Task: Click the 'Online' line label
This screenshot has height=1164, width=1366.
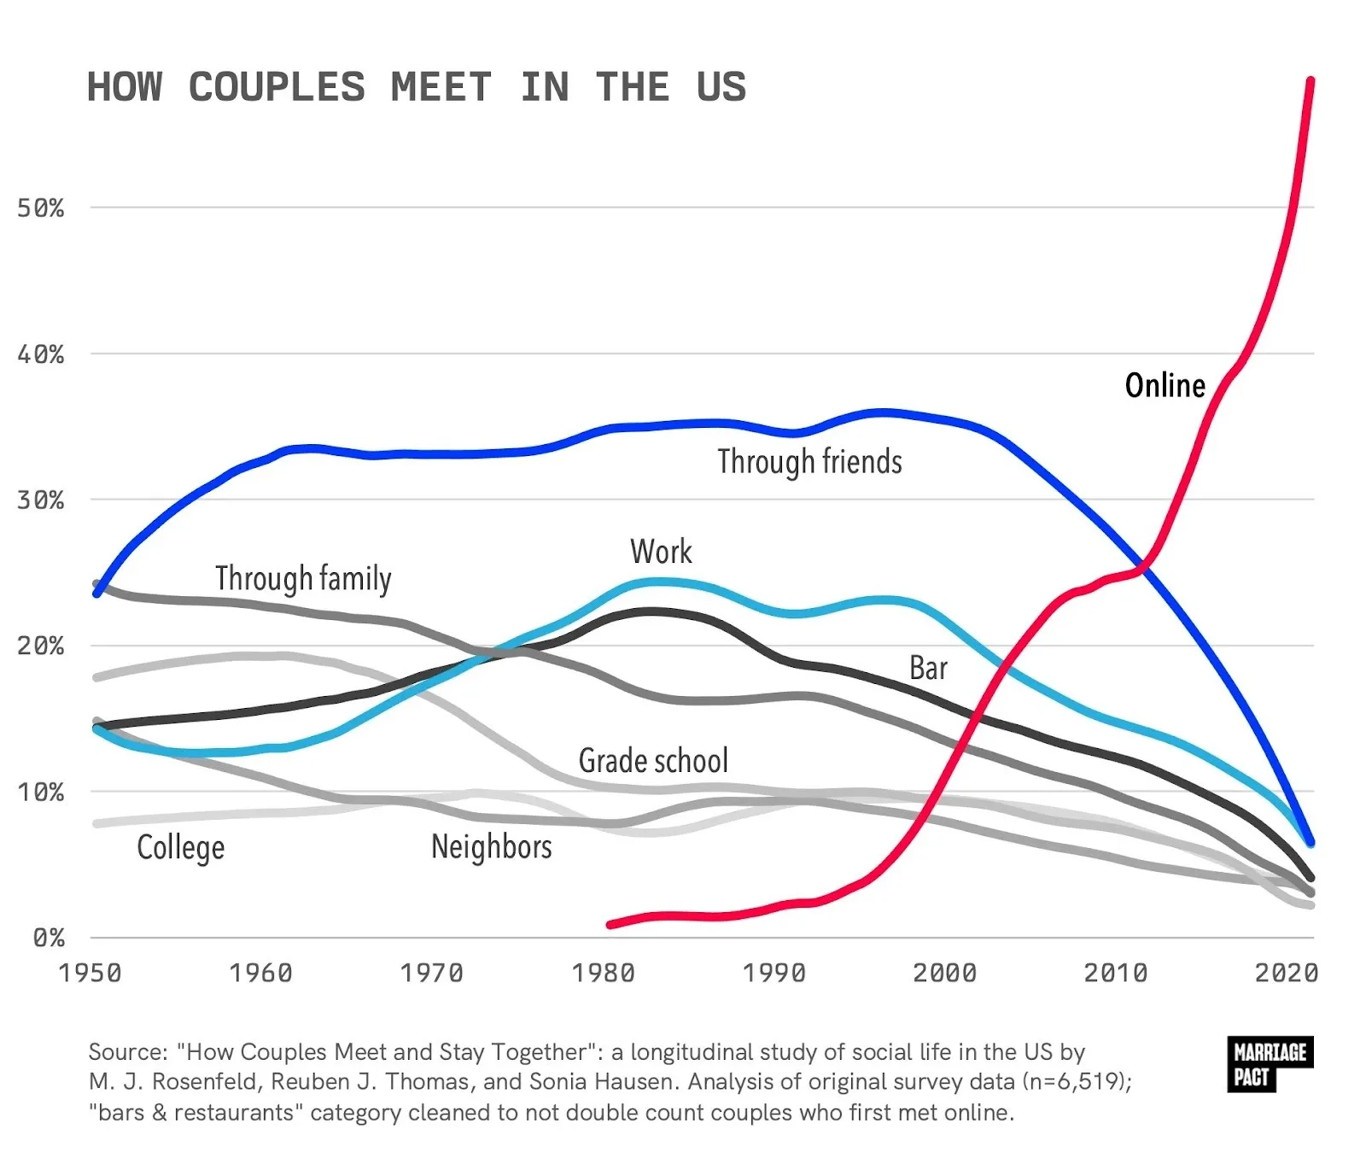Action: (1165, 385)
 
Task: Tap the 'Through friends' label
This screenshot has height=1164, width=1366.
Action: (809, 462)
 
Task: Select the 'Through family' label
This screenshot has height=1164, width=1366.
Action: (303, 579)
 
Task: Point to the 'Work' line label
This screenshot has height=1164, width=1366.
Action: (661, 552)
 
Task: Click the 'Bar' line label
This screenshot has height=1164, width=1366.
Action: (928, 668)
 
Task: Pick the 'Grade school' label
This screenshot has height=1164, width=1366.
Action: (653, 761)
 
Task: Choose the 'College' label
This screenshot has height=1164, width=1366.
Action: (180, 848)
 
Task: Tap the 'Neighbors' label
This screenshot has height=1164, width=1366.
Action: (491, 847)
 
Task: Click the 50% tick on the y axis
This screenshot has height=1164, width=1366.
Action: (40, 208)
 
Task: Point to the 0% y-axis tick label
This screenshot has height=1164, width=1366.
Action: (48, 939)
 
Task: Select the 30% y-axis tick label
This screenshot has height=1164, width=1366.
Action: (40, 500)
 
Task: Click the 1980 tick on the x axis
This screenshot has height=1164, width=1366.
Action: (603, 974)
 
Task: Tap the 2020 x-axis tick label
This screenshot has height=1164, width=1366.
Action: (1286, 974)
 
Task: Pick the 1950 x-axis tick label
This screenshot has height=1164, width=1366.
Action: (90, 974)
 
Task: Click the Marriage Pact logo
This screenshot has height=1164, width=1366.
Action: (1269, 1064)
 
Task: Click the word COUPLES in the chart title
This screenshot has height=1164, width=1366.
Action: (277, 88)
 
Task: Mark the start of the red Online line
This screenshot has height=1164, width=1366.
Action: (610, 924)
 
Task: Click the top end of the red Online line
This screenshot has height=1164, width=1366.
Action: (1311, 81)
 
